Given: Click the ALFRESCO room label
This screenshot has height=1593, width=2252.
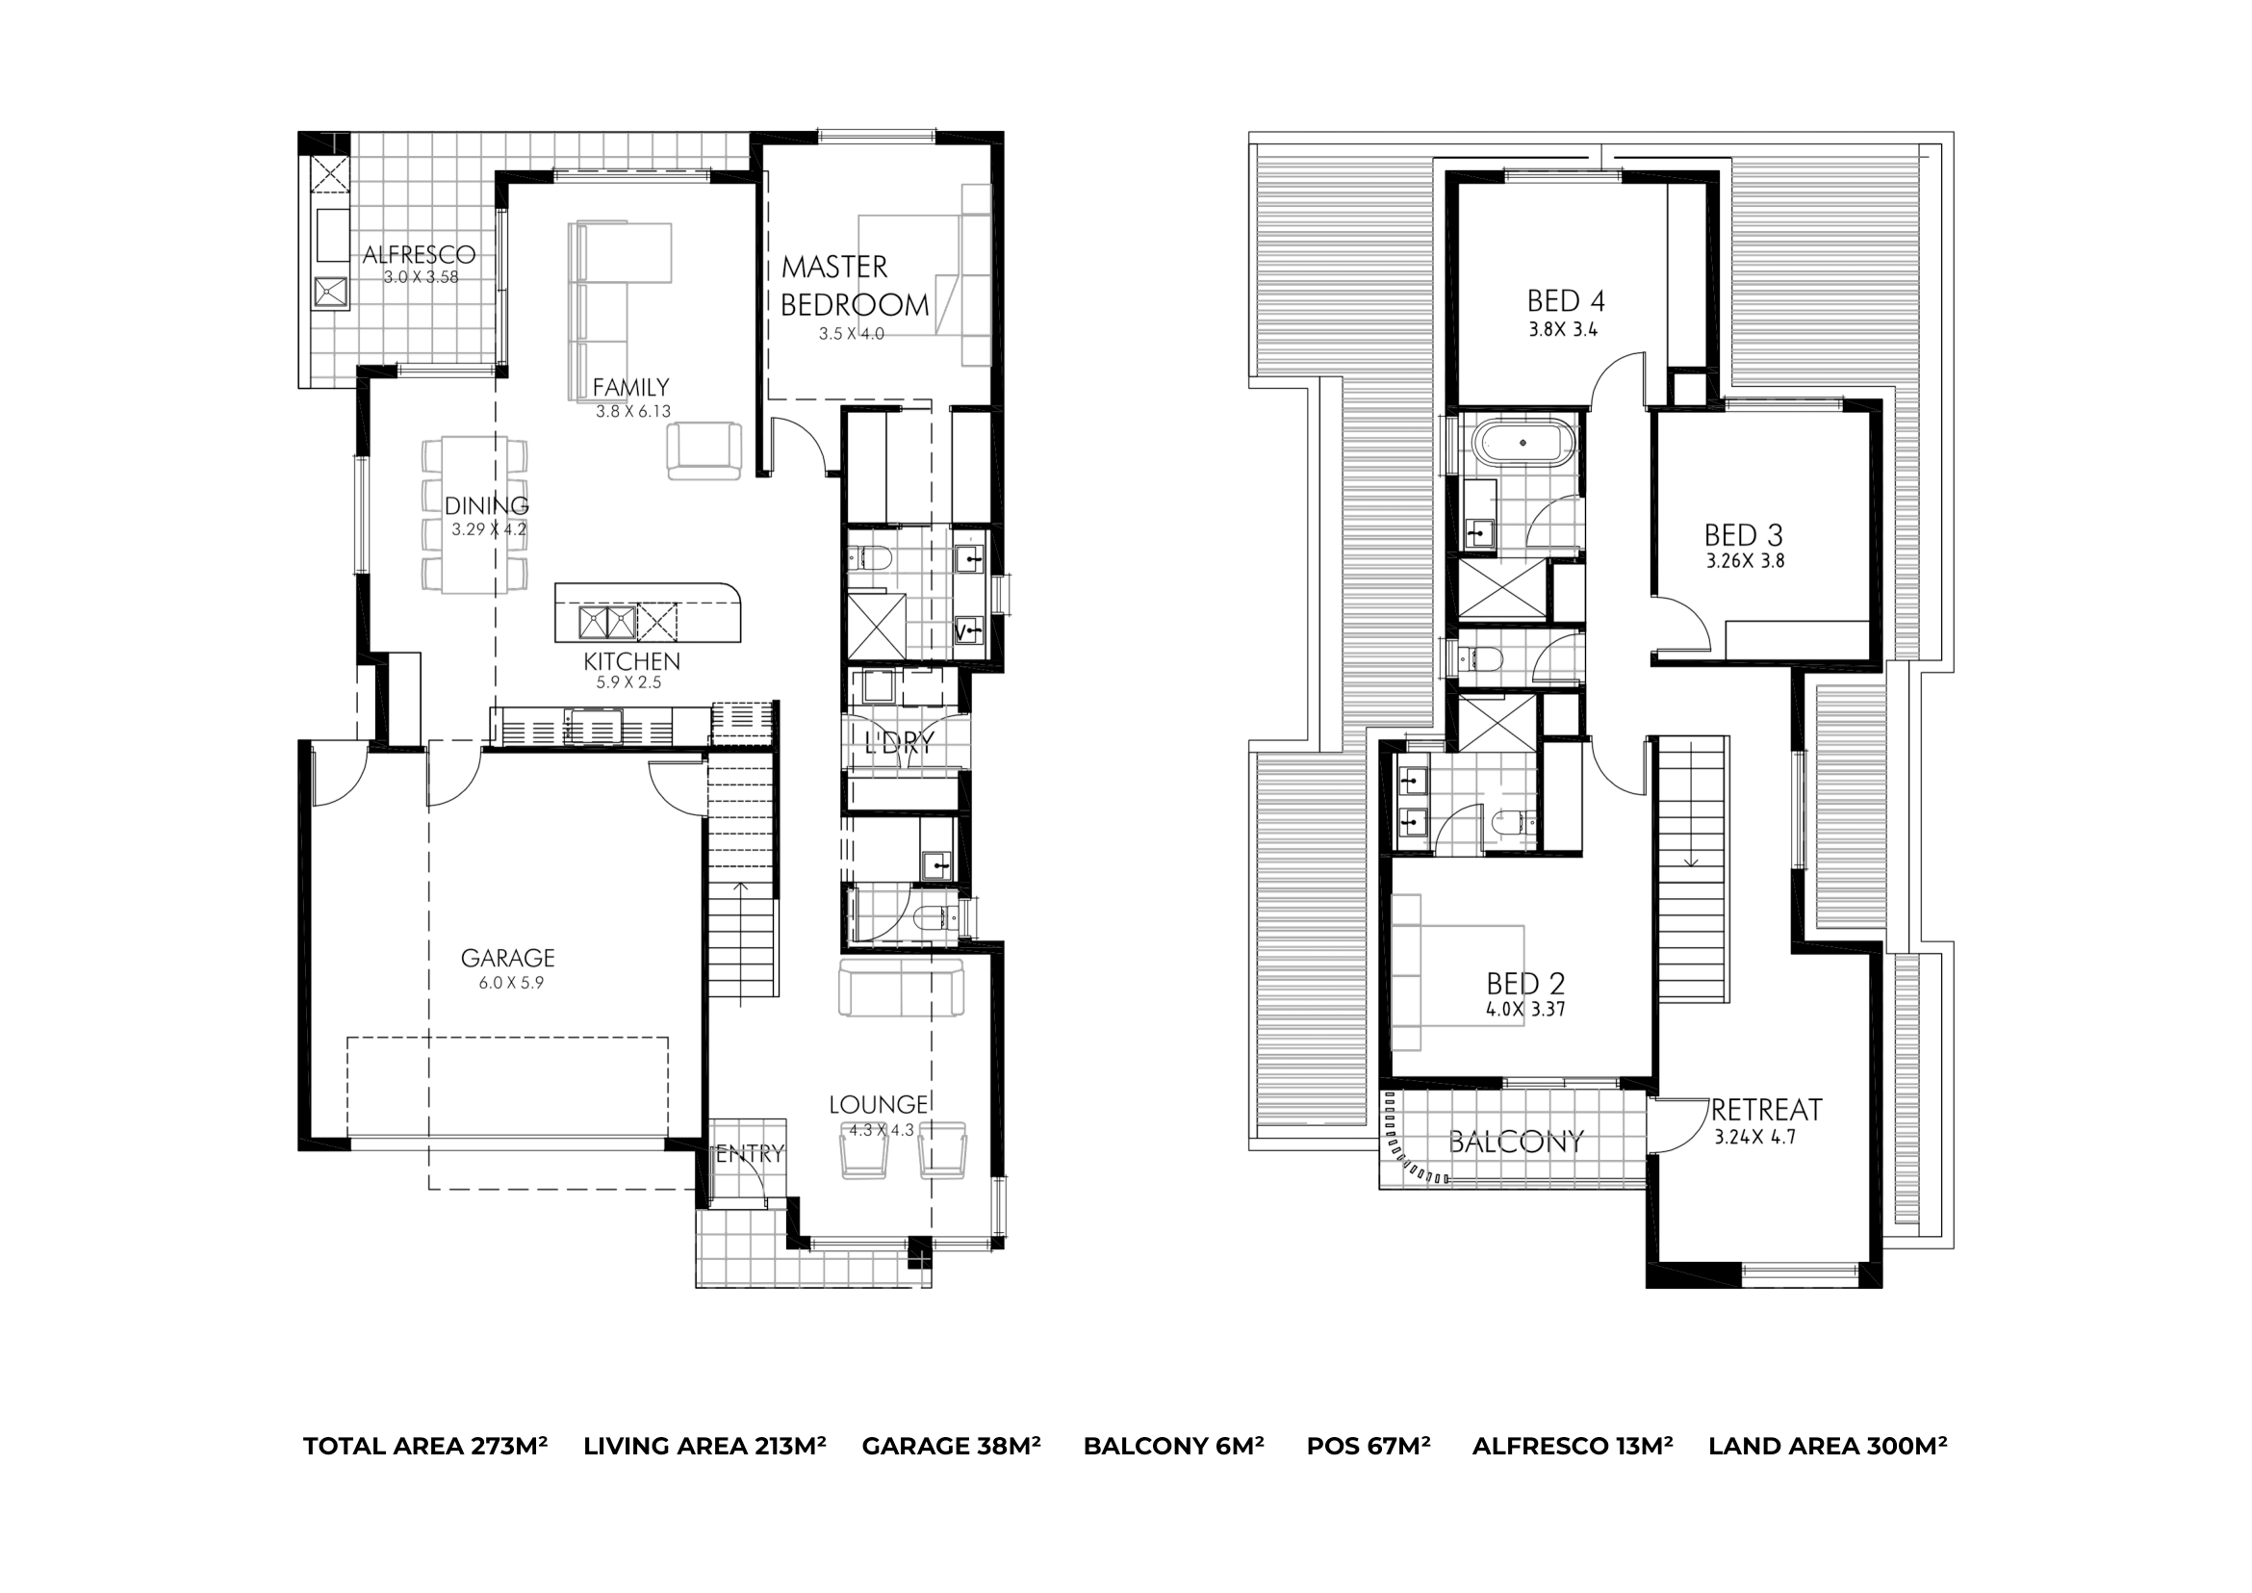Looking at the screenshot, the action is (x=419, y=255).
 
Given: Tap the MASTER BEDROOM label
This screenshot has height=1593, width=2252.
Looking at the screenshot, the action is (x=855, y=286).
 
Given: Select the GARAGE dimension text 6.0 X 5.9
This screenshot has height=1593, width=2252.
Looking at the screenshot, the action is (x=510, y=983).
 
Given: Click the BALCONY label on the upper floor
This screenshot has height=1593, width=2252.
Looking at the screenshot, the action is (x=1516, y=1142).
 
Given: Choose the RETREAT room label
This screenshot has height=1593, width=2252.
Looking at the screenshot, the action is (x=1767, y=1111).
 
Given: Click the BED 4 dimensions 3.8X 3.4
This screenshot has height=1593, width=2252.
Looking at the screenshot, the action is (x=1563, y=329).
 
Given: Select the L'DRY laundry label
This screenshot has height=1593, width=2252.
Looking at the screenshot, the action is (x=899, y=743).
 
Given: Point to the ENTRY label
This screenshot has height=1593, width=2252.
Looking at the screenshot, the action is (x=751, y=1154).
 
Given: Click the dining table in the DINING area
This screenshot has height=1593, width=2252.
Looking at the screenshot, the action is (x=474, y=515).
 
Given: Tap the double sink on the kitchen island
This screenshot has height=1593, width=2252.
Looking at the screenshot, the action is (x=607, y=622).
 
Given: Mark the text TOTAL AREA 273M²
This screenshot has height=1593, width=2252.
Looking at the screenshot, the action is (x=424, y=1446).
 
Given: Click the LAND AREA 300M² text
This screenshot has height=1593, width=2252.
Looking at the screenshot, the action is (x=1828, y=1446).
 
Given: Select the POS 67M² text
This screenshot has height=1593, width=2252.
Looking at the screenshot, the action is (x=1369, y=1446).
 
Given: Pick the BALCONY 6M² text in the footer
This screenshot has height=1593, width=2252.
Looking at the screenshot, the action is (x=1173, y=1446).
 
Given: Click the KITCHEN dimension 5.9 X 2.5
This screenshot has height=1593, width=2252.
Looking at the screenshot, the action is (x=628, y=682).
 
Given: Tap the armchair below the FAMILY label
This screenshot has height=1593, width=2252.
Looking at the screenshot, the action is (x=704, y=451).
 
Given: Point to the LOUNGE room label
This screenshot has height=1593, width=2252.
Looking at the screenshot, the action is (x=879, y=1106).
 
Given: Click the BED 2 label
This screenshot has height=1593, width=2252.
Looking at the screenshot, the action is (x=1525, y=983).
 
